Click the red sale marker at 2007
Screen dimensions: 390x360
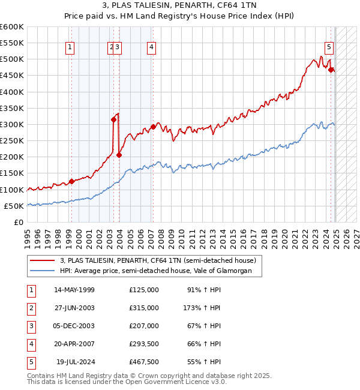pos(153,127)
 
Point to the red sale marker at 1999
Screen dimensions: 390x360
pos(71,181)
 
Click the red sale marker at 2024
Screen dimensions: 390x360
pos(331,70)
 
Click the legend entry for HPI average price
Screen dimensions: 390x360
pos(160,271)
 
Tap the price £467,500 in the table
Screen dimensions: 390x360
pos(144,362)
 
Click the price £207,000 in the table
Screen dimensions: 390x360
pos(144,326)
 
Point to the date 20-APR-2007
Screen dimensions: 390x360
pos(74,344)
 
